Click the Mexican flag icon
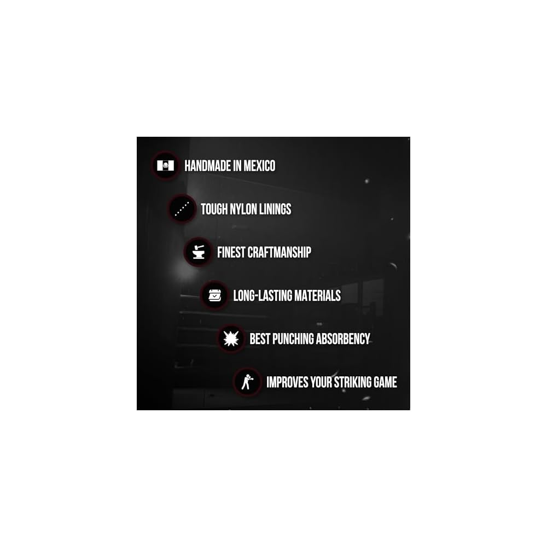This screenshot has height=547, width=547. [165, 165]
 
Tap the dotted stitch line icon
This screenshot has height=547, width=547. [182, 209]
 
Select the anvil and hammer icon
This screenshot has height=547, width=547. [198, 252]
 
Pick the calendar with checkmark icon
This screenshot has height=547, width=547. [214, 295]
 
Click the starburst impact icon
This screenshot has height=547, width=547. [231, 339]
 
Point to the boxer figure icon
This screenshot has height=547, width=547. [247, 382]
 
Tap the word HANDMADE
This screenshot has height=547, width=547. [206, 166]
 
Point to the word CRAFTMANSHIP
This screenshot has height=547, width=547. [279, 252]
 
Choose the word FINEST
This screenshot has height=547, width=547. [231, 252]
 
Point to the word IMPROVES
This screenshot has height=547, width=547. [287, 382]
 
